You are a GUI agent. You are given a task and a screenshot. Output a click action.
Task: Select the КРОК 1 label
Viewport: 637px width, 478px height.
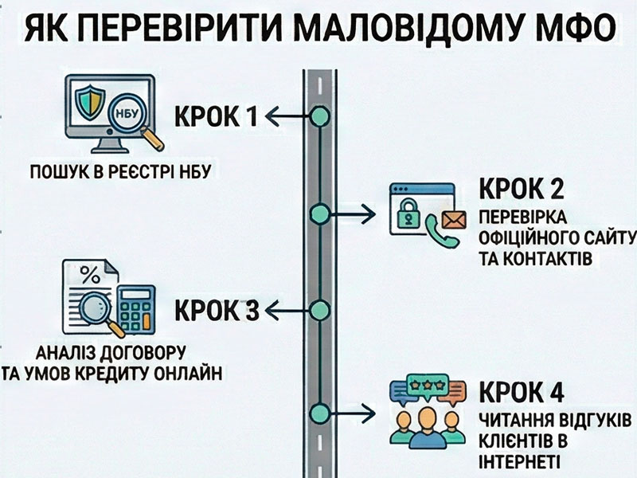coord(216,117)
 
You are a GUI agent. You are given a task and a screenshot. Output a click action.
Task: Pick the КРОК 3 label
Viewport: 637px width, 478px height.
coord(216,309)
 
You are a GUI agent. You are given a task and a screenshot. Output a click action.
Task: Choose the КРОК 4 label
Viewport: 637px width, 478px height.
coord(522,394)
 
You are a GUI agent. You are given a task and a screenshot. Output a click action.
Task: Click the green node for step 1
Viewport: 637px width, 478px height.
coord(319,117)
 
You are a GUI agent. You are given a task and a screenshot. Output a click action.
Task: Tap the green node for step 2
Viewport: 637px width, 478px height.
coord(319,213)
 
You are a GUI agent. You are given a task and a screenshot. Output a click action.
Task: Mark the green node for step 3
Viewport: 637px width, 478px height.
coord(319,309)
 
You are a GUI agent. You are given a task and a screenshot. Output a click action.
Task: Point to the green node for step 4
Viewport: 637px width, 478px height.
coord(319,413)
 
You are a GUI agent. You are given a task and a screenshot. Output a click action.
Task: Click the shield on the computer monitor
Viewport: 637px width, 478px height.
coord(88,103)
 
